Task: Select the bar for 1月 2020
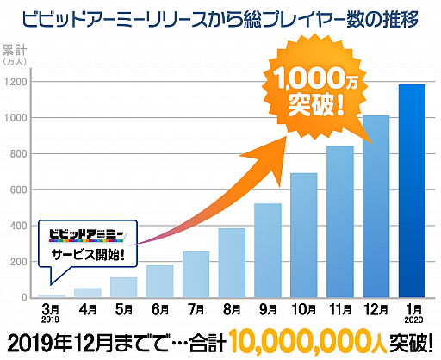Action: (412, 191)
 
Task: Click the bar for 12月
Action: (376, 207)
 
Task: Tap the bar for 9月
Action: (268, 251)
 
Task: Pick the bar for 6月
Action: (159, 281)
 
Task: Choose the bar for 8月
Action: (232, 263)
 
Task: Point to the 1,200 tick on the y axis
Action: (15, 82)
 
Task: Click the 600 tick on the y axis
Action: (19, 190)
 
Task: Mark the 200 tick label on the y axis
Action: (19, 262)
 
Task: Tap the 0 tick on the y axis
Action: (24, 298)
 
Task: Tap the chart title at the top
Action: (221, 16)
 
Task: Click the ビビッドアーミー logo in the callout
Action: (86, 234)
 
